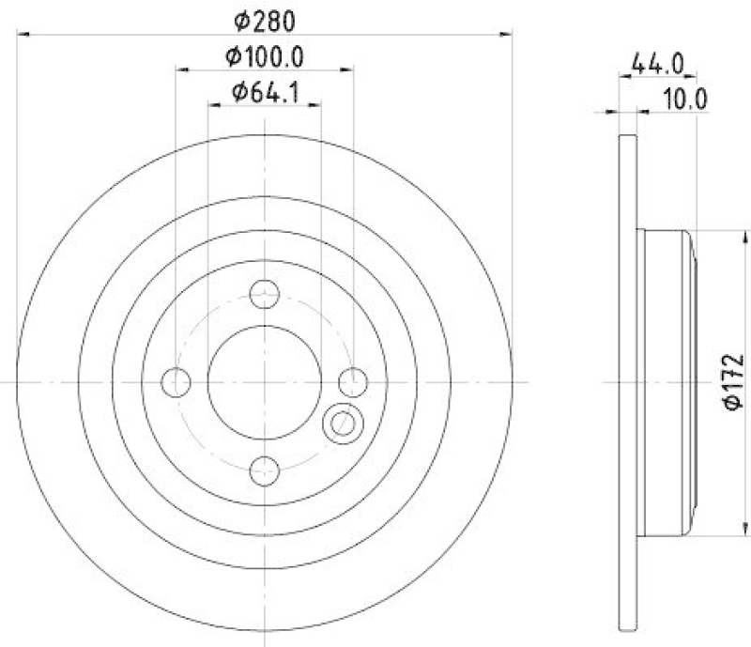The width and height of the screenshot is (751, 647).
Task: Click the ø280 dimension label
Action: click(x=266, y=19)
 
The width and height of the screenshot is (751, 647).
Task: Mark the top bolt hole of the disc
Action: click(x=266, y=294)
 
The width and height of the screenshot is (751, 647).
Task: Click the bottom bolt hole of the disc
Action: click(x=266, y=470)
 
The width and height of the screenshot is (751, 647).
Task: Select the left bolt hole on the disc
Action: click(x=176, y=382)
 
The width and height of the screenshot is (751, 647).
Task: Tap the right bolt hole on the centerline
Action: click(x=353, y=382)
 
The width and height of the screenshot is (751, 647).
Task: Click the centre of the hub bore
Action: click(x=266, y=382)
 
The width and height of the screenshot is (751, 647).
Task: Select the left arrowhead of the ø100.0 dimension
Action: click(x=181, y=69)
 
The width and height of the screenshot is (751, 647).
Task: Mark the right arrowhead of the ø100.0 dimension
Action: click(x=348, y=69)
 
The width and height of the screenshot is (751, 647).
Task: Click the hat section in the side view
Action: click(x=666, y=383)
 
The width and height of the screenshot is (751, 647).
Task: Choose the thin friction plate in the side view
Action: click(x=629, y=383)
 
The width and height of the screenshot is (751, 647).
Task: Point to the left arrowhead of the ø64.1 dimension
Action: click(x=213, y=104)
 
